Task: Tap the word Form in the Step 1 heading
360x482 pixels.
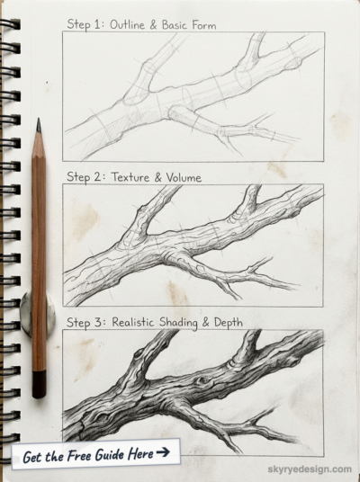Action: [x=203, y=25]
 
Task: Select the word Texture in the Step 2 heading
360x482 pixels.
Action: [x=130, y=177]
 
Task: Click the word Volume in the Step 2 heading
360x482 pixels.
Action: [x=184, y=177]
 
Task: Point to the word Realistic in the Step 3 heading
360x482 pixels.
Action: [x=132, y=322]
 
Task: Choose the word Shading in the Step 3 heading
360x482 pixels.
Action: [x=178, y=323]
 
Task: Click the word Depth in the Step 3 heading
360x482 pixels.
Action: [x=229, y=323]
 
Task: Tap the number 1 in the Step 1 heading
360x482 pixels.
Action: [x=97, y=24]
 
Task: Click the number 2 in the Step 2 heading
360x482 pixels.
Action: [x=99, y=177]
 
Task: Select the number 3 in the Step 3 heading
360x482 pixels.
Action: [x=99, y=322]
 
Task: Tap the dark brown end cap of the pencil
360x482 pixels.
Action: [x=39, y=385]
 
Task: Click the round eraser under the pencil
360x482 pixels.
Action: [x=38, y=314]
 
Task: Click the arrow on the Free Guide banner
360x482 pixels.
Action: [x=163, y=451]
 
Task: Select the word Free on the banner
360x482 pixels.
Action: [x=79, y=455]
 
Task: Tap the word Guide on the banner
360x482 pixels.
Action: [x=110, y=455]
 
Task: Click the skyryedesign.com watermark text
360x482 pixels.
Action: [x=310, y=469]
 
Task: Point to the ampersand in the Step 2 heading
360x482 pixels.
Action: [x=157, y=178]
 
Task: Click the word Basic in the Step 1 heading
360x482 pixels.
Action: [x=175, y=25]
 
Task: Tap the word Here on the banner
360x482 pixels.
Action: [x=140, y=454]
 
